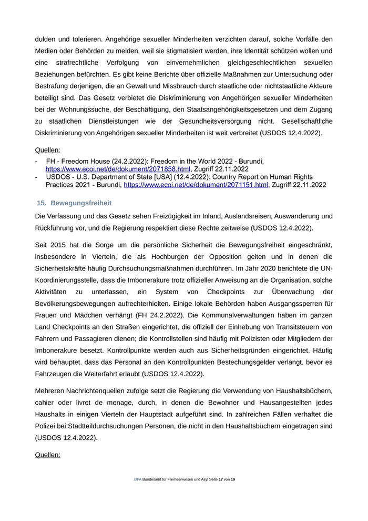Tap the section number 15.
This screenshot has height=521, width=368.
pos(42,203)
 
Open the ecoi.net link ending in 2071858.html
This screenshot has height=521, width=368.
pos(118,169)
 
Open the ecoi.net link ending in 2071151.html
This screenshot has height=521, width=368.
pos(196,185)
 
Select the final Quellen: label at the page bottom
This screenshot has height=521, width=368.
pos(47,454)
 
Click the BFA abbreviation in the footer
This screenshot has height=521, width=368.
pos(138,479)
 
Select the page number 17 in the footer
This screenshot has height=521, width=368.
pos(221,479)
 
